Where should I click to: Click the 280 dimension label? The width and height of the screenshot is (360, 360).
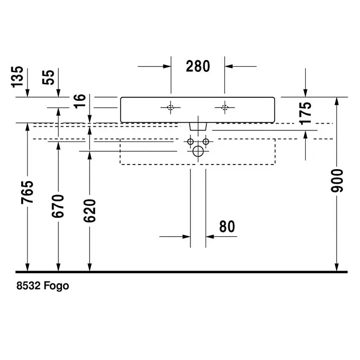198,66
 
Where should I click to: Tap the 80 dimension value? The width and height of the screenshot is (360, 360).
227,227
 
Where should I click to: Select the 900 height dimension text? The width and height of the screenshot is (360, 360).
337,181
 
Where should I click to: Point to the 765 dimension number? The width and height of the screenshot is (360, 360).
27,192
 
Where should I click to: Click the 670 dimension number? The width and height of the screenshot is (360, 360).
58,206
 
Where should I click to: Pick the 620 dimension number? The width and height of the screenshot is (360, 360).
89,211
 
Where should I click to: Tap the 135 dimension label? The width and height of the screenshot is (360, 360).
17,77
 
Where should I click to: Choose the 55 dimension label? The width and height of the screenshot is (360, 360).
49,77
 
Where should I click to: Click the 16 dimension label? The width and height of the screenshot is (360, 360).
80,101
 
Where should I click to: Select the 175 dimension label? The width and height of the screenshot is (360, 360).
306,113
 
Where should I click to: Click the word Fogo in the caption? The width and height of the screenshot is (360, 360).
56,286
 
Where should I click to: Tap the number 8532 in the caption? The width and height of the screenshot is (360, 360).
28,286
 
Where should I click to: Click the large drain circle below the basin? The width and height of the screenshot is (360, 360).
198,151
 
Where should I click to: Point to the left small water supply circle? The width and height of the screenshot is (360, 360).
190,142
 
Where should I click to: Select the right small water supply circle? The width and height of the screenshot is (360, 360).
206,142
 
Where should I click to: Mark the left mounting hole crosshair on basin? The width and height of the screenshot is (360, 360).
171,107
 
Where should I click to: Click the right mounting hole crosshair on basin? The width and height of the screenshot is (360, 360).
225,107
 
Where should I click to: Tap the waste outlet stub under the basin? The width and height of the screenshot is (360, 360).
198,127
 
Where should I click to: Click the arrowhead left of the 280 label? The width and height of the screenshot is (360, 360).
167,66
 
